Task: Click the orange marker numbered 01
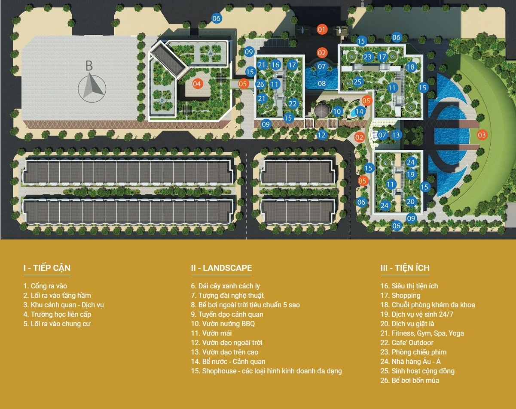[322, 30]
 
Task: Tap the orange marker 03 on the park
[482, 135]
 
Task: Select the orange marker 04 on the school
[197, 84]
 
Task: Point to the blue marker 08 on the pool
[322, 84]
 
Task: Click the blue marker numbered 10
[337, 112]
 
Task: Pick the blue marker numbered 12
[322, 135]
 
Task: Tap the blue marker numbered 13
[396, 135]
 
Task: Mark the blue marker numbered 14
[359, 112]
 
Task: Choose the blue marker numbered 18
[410, 67]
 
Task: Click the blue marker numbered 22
[293, 103]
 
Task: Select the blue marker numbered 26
[260, 84]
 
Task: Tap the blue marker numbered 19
[410, 175]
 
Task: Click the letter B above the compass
[89, 66]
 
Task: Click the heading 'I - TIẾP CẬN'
[47, 268]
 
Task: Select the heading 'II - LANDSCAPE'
[221, 268]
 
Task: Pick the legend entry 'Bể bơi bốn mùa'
[415, 380]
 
